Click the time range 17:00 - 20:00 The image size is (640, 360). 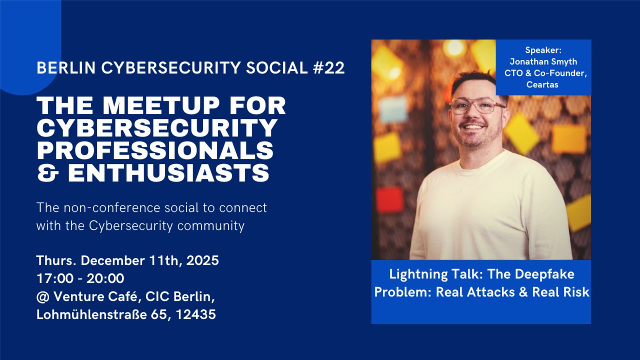point(80,278)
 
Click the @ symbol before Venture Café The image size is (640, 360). point(41,297)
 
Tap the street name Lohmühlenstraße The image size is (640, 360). point(88,315)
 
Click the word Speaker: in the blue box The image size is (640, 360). point(543,50)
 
